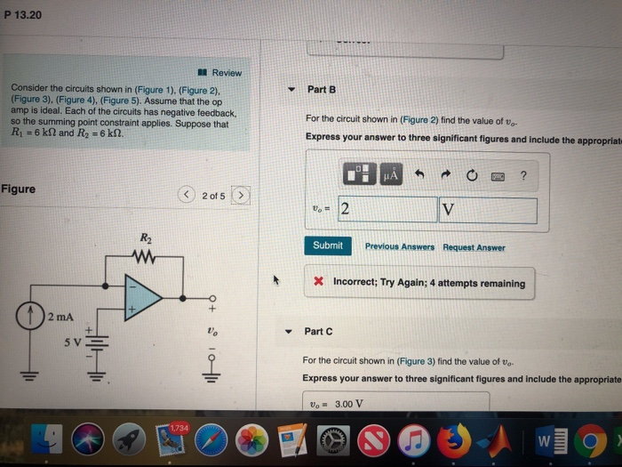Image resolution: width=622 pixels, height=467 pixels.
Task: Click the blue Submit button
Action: pos(328,246)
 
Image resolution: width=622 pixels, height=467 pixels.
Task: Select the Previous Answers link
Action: pos(399,246)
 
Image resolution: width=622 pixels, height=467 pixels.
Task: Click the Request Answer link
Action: pos(474,247)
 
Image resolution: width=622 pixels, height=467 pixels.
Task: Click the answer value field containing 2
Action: pos(387,210)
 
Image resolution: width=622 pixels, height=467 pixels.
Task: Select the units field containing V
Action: pos(488,210)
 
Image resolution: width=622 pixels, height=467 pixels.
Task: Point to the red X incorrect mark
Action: pos(318,283)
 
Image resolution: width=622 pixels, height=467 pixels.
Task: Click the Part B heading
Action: pos(320,89)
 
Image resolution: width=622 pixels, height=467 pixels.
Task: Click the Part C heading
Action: pos(318,331)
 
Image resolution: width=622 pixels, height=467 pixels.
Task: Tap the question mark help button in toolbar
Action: pos(523,175)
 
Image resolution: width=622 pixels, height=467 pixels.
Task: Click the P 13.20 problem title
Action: pos(23,15)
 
